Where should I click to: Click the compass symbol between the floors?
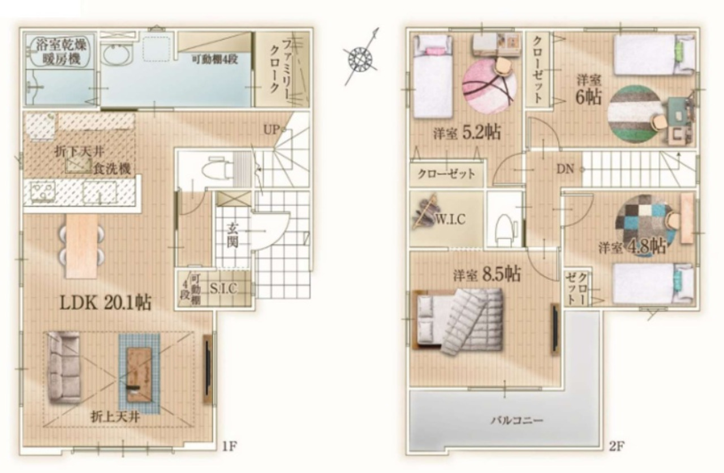pyautogui.click(x=361, y=59)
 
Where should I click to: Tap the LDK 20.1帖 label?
pyautogui.click(x=106, y=303)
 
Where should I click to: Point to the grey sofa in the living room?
pyautogui.click(x=64, y=368)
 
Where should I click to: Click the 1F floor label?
pyautogui.click(x=230, y=446)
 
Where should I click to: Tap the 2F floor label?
pyautogui.click(x=616, y=446)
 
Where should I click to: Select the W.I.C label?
pyautogui.click(x=451, y=220)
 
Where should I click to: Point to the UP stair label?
pyautogui.click(x=271, y=130)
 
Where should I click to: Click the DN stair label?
pyautogui.click(x=565, y=169)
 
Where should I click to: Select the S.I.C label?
pyautogui.click(x=223, y=289)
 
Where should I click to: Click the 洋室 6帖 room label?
pyautogui.click(x=589, y=90)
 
